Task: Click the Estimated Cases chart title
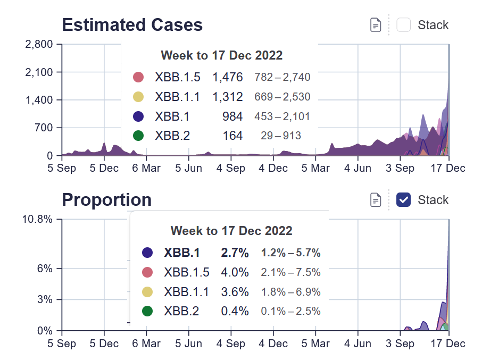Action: tap(132, 25)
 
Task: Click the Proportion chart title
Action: tap(106, 200)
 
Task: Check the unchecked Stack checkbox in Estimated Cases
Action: tap(404, 25)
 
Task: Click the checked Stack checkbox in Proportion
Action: tap(404, 200)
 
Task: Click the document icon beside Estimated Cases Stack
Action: tap(376, 25)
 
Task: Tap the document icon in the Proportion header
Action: tap(376, 200)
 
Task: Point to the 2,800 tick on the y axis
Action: tap(39, 44)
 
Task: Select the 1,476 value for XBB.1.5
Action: tap(228, 77)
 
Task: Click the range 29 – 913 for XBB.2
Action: tap(280, 136)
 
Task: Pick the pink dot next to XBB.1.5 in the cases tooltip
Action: tap(138, 77)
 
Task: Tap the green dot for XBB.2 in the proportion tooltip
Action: tap(148, 311)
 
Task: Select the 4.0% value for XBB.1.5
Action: tap(235, 272)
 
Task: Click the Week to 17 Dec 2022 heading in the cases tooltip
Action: tap(221, 55)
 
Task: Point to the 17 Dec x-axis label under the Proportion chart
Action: tap(448, 344)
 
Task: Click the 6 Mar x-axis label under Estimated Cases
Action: tap(145, 168)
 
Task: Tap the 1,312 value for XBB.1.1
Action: tap(228, 97)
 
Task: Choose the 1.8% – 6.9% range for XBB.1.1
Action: tap(290, 291)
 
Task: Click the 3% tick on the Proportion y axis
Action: tap(45, 299)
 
